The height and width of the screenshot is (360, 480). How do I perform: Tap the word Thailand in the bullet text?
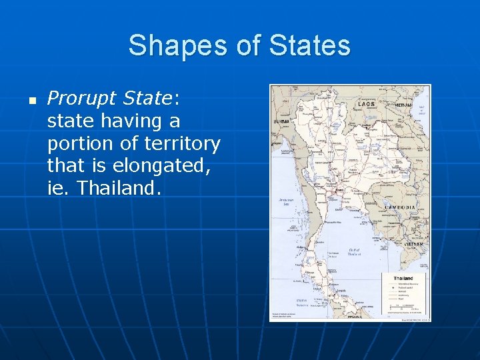(x=119, y=187)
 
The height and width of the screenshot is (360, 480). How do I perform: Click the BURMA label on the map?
(x=281, y=123)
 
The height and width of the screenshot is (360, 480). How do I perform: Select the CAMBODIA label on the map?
(x=400, y=207)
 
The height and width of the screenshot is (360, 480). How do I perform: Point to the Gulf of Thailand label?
(x=355, y=252)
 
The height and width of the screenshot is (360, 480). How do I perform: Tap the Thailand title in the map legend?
(x=403, y=278)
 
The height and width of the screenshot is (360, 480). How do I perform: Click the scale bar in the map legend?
(x=403, y=308)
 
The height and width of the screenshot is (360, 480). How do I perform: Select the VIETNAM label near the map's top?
(x=403, y=105)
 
